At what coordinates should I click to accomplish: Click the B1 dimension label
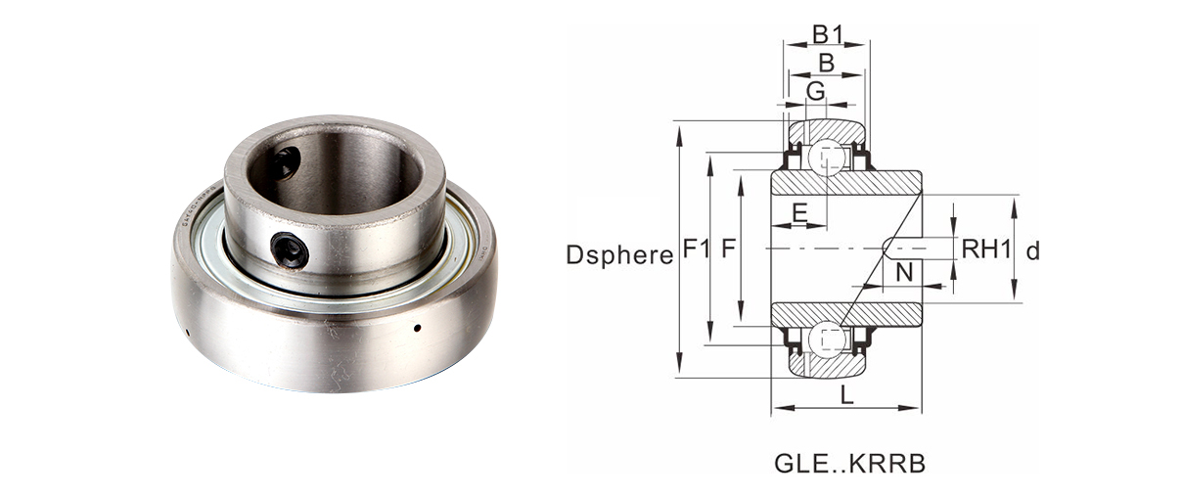(827, 35)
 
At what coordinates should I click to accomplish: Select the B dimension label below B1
(826, 64)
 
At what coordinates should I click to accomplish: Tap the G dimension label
(815, 91)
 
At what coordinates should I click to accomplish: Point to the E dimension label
(799, 212)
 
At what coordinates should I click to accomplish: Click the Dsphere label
(619, 255)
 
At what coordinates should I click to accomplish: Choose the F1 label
(696, 249)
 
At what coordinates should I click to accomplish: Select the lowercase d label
(1032, 251)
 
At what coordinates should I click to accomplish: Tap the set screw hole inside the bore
(284, 162)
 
